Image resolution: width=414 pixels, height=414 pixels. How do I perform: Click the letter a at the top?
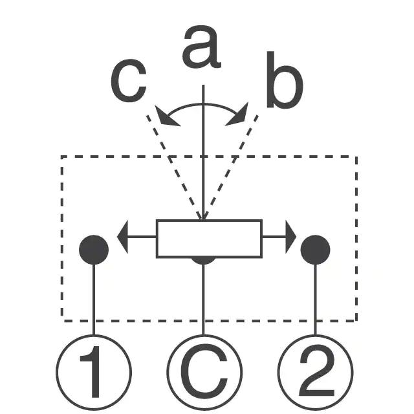[202, 48]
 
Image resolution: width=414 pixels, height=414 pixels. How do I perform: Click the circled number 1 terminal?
[94, 373]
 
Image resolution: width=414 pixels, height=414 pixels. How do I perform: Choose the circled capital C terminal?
[204, 373]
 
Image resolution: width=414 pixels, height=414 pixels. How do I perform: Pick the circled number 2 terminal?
[316, 373]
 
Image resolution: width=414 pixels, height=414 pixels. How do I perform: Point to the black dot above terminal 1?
[94, 249]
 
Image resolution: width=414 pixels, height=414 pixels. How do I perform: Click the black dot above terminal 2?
[316, 249]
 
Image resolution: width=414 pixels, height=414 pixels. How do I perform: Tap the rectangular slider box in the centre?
[209, 239]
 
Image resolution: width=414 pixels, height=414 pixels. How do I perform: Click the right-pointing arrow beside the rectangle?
[289, 237]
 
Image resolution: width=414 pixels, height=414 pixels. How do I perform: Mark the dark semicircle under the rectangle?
[204, 260]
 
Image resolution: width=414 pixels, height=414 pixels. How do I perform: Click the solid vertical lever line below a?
[204, 155]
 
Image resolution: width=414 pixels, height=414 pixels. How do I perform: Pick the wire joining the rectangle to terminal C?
[204, 298]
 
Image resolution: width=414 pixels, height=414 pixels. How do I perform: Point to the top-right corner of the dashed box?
[356, 157]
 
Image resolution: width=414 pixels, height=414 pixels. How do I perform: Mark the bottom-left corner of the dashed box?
[62, 320]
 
